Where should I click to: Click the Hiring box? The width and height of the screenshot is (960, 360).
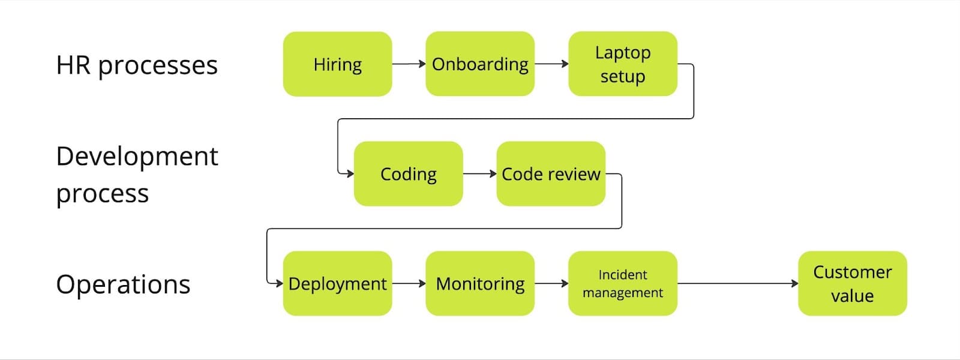pos(337,64)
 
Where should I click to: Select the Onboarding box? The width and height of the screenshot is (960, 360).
pos(480,64)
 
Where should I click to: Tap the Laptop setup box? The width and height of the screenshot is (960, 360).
pos(623,64)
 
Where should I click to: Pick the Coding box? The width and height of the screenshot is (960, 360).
pos(408,174)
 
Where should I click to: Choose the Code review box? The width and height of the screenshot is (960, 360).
pos(551,174)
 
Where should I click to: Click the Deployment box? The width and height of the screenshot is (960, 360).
pos(337,283)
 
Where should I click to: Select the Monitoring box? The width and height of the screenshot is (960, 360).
pos(480,283)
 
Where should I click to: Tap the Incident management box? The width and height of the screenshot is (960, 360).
pos(623,283)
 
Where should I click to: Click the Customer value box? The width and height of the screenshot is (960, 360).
pos(852,283)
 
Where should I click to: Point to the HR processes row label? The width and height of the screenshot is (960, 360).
pos(137,65)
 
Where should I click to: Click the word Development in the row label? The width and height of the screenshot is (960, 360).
pos(137,156)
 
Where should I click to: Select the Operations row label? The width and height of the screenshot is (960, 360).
pos(123,284)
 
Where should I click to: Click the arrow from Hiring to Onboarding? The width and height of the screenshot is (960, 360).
pos(409,64)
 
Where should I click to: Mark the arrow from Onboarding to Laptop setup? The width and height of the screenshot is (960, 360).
pos(551,64)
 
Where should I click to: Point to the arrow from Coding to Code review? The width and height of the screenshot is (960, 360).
pos(479,174)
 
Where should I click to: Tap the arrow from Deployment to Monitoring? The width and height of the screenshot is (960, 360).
pos(409,283)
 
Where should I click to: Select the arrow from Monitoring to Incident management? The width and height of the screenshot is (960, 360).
pos(551,283)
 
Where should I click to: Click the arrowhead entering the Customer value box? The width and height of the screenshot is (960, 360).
pos(794,283)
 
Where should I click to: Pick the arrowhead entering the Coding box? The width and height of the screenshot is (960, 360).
pos(350,174)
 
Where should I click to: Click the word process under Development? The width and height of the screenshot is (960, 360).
pos(102,194)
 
